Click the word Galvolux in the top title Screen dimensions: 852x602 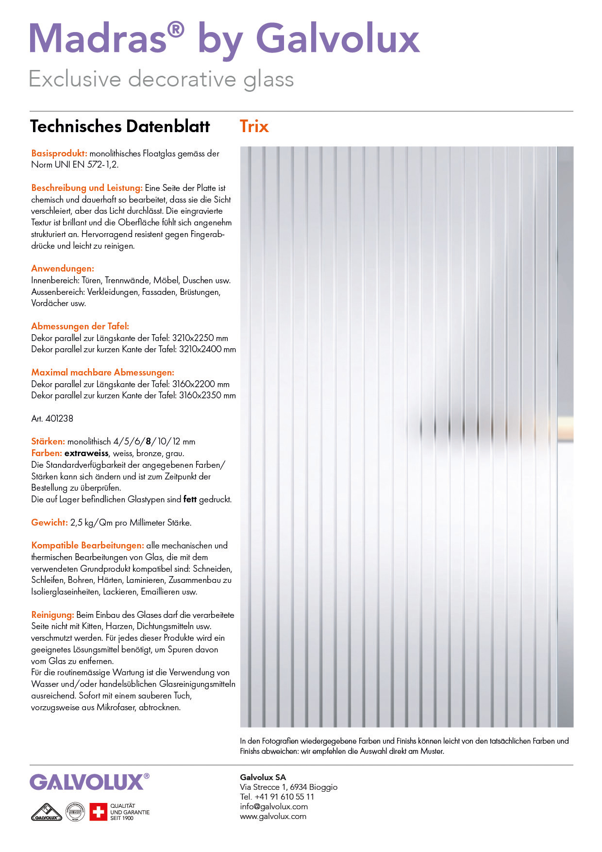(x=337, y=39)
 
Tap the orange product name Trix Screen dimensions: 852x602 (x=254, y=126)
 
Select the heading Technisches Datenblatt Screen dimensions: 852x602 (x=120, y=126)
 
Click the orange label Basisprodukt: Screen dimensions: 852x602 (x=59, y=153)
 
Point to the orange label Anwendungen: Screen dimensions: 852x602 (x=63, y=269)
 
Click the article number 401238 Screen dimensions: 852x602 (x=59, y=418)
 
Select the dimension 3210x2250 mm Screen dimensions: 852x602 (x=200, y=338)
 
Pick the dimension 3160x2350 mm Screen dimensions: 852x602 (x=207, y=395)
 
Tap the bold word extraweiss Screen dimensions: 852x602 (x=86, y=453)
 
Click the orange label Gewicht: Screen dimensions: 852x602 (x=50, y=523)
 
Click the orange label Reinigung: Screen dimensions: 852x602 (x=52, y=615)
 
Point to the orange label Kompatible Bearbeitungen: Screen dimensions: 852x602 (x=87, y=545)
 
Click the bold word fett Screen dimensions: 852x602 (x=190, y=499)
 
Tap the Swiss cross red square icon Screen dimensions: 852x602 (x=98, y=812)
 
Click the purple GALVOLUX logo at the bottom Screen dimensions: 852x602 (x=87, y=783)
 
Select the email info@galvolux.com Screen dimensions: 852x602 (x=274, y=807)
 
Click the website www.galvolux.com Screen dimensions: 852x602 (x=273, y=817)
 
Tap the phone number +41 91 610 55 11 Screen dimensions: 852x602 (x=284, y=797)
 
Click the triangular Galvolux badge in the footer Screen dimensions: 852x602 (x=47, y=812)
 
